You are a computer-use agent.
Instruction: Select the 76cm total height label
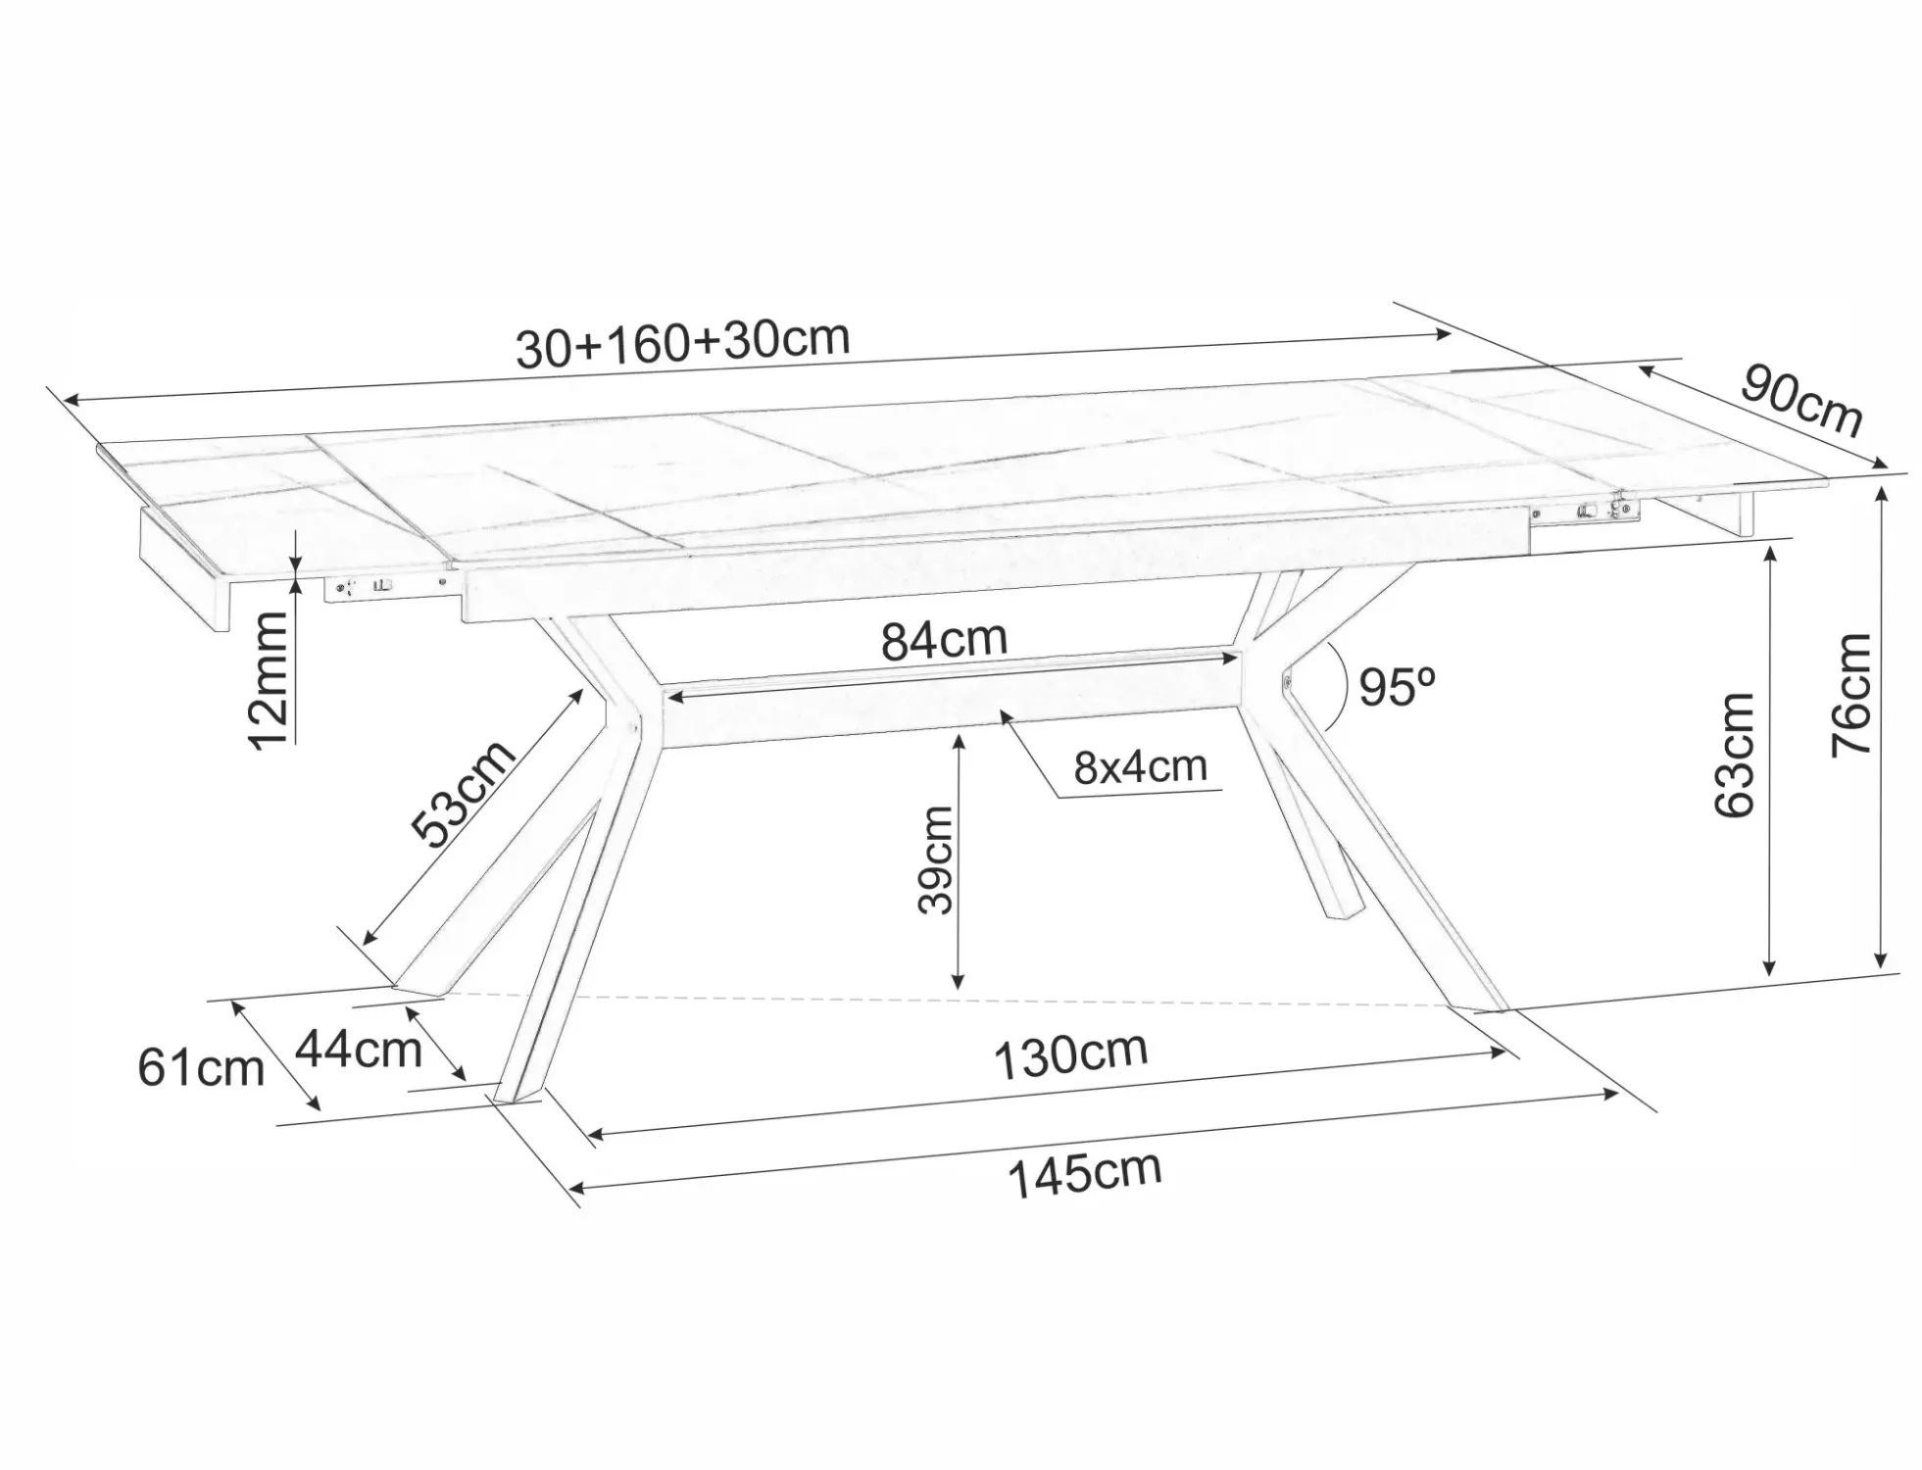click(x=1851, y=694)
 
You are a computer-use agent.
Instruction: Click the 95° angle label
click(x=1398, y=687)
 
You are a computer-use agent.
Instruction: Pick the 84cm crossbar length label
click(x=944, y=640)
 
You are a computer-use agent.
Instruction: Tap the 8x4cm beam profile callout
click(x=1140, y=766)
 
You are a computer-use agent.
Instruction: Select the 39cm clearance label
click(x=935, y=859)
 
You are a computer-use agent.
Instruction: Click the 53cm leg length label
click(x=463, y=793)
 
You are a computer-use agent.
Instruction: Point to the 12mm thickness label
click(x=269, y=679)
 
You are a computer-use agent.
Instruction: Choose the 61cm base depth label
click(x=201, y=1067)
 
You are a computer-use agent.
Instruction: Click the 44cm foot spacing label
click(x=359, y=1049)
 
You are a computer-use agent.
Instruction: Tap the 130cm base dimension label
click(x=1070, y=1055)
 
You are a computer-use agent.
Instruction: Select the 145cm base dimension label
click(x=1085, y=1173)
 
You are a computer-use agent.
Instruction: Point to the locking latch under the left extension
click(x=366, y=587)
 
